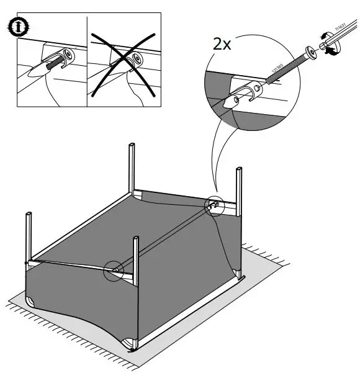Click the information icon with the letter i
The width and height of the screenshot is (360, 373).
pyautogui.click(x=20, y=27)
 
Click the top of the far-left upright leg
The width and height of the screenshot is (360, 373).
pyautogui.click(x=28, y=215)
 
